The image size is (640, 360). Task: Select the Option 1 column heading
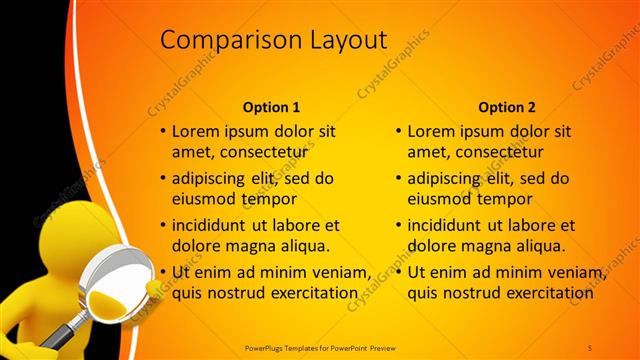271,107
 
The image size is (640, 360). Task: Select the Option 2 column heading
507,107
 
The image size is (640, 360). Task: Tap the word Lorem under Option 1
196,131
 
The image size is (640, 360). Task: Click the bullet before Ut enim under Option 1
162,273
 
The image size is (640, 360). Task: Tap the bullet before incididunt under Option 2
398,226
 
